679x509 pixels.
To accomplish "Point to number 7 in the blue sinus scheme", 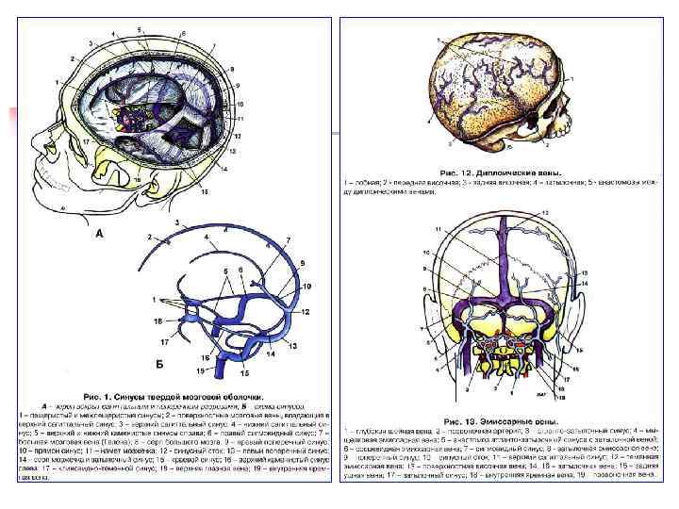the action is [x=288, y=240].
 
